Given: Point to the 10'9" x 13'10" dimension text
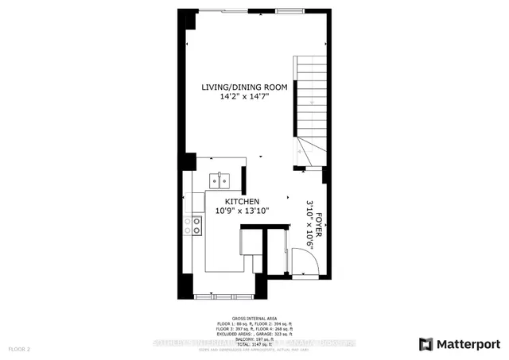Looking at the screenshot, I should (x=243, y=212).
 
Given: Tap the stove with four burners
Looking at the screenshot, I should (x=193, y=226).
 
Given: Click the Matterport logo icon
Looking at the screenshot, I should (x=427, y=343).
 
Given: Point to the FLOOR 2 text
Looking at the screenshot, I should (x=19, y=349).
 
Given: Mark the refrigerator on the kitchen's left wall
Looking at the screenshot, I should (x=191, y=254).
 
